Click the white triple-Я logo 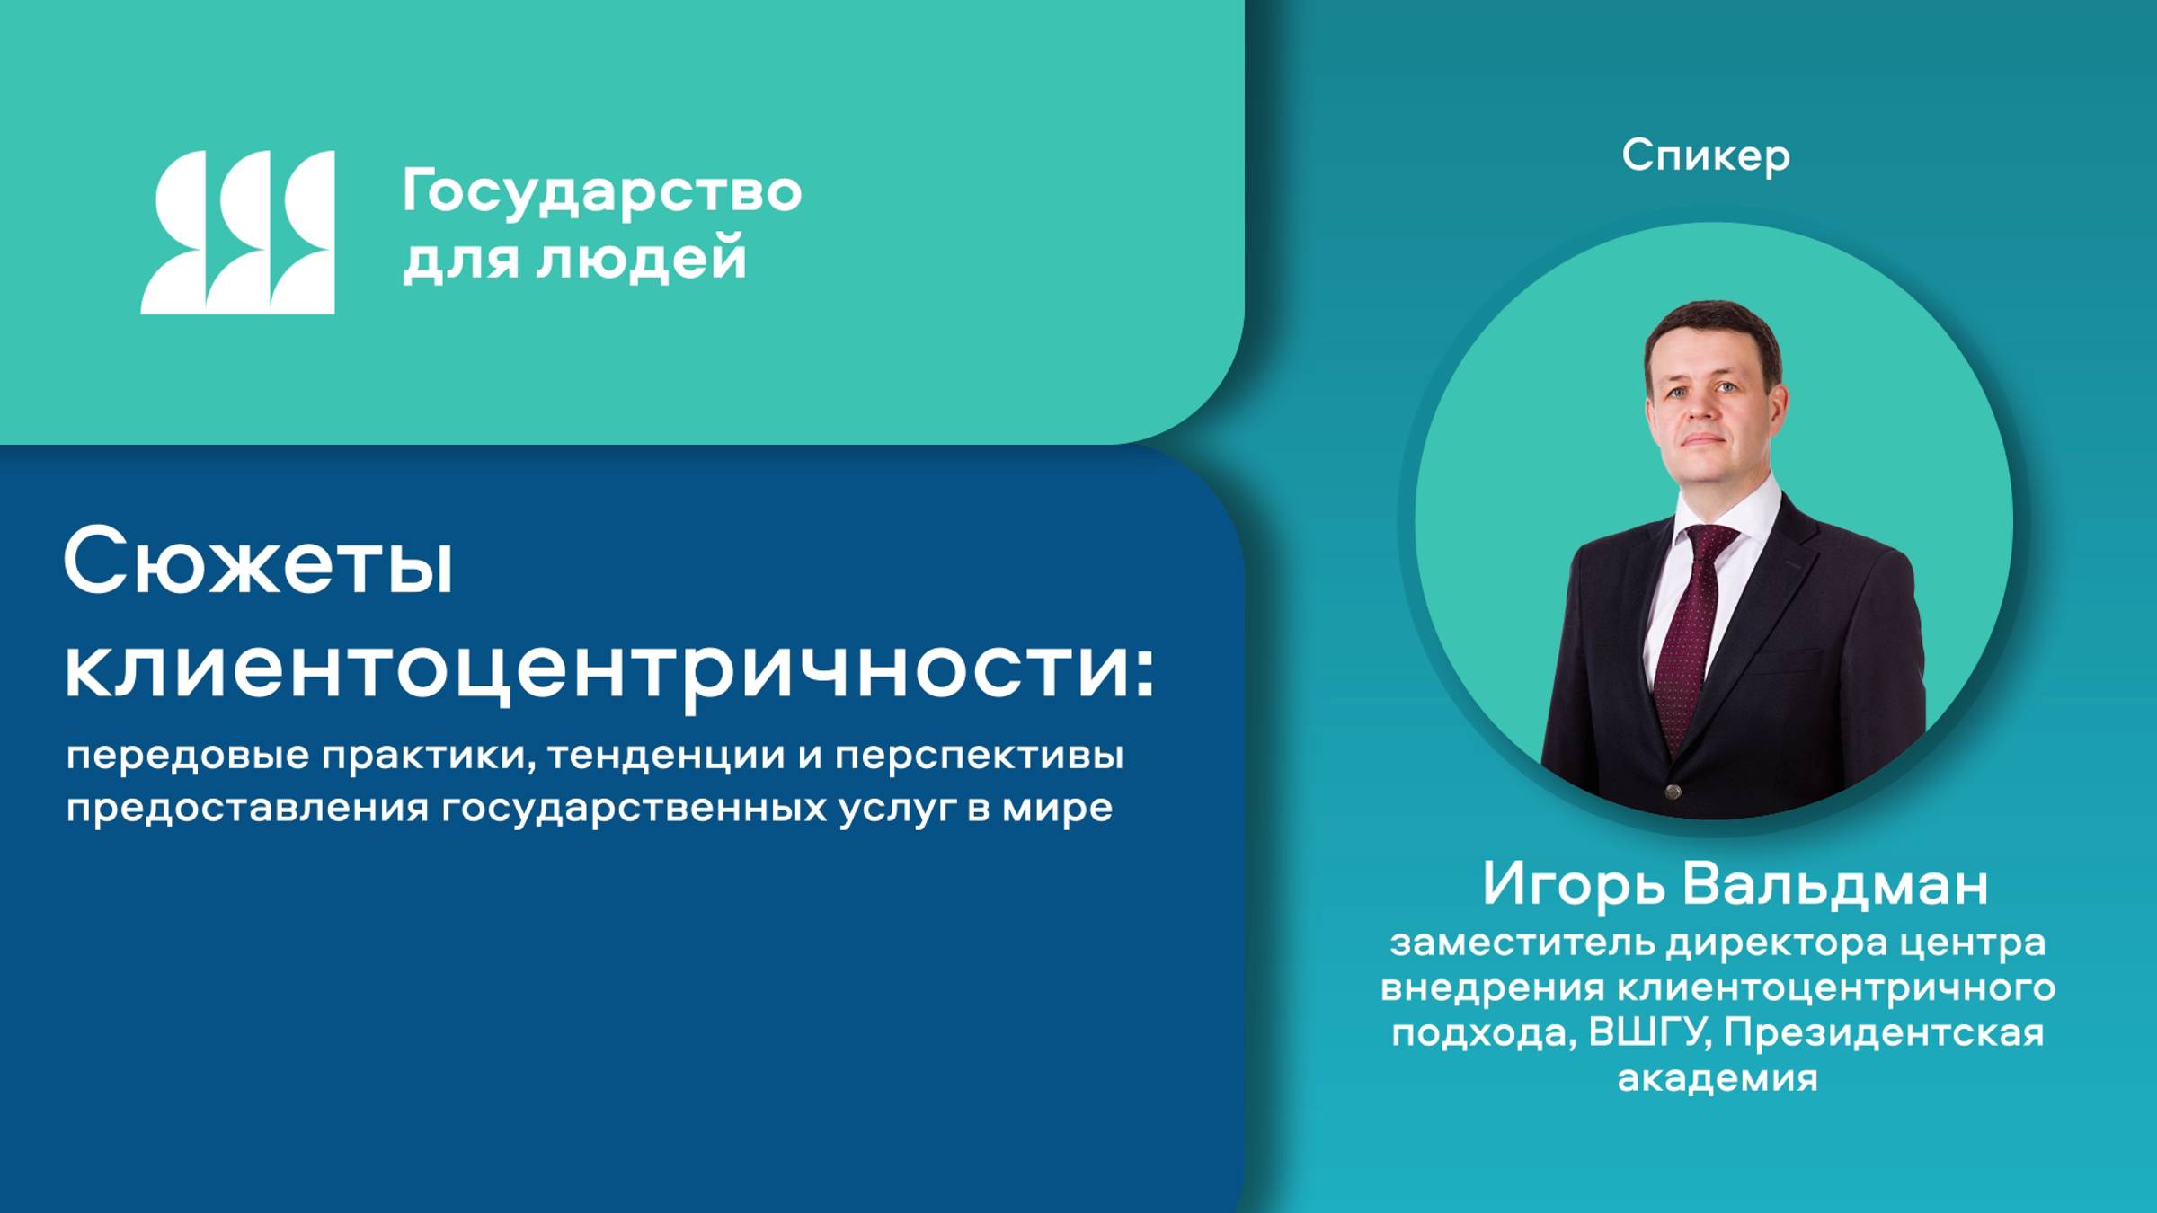coord(238,232)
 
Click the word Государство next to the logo coord(601,193)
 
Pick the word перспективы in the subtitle coord(979,755)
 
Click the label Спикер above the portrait coord(1705,156)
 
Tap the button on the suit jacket coord(1673,792)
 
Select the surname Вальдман coord(1834,884)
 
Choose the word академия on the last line coord(1717,1077)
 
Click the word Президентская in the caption coord(1883,1032)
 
